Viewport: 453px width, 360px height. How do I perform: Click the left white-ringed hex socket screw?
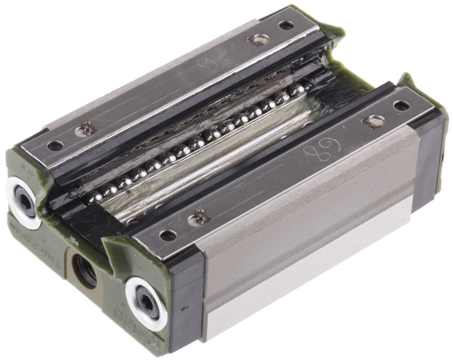pyautogui.click(x=25, y=201)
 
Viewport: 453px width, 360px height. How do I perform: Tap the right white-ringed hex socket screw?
pyautogui.click(x=147, y=298)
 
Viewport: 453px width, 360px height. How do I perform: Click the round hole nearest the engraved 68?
pyautogui.click(x=401, y=106)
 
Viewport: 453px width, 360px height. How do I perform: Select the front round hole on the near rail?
pyautogui.click(x=168, y=235)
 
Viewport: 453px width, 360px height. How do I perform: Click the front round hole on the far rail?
pyautogui.click(x=55, y=146)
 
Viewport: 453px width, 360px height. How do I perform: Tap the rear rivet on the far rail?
pyautogui.click(x=258, y=39)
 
